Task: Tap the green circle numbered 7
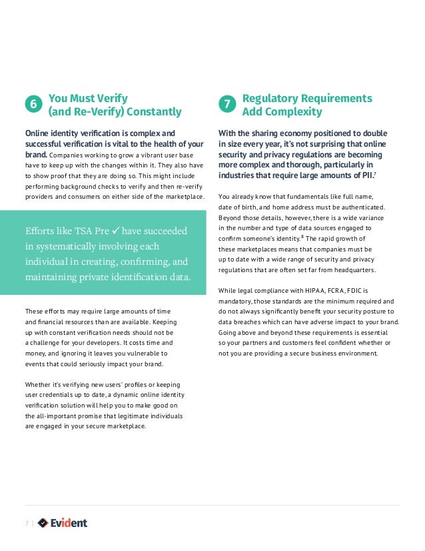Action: [227, 105]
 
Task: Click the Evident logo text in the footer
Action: [69, 523]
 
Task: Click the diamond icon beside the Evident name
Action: [43, 523]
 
